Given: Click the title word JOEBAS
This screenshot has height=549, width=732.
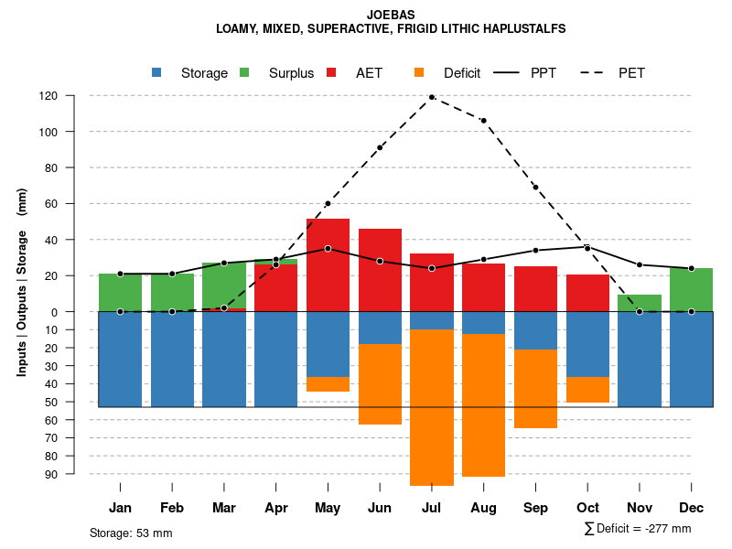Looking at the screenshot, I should point(391,15).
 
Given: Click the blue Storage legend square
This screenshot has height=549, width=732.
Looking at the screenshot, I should point(157,72).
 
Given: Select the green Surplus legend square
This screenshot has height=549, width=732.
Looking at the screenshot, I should point(244,72).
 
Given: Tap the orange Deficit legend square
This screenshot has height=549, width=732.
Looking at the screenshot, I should point(419,72).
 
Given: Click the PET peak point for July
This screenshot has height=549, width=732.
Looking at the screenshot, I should point(431,97).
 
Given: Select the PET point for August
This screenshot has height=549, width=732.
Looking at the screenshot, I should point(483,120).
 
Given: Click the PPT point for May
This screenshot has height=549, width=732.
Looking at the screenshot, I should point(328,249).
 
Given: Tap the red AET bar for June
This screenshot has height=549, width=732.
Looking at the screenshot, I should point(380,270).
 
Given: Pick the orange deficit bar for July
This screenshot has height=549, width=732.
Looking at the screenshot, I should point(431,407).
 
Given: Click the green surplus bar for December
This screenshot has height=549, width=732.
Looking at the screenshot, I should point(691,290).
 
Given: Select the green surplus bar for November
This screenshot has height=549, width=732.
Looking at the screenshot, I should point(640,303).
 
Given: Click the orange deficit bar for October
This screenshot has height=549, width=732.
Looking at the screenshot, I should point(587,390).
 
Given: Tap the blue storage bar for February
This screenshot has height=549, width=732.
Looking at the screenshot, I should point(172,359).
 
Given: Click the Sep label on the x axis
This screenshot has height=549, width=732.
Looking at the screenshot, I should point(535,508).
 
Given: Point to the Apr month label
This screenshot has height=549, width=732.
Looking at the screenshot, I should point(276,508).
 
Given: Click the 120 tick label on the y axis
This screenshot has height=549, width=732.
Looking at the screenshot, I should point(74,96).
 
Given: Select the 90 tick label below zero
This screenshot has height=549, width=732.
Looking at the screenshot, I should point(78,474).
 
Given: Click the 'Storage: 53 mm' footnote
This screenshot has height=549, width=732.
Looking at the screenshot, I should point(131,533).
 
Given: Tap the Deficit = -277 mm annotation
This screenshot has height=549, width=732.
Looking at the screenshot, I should point(638,529).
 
